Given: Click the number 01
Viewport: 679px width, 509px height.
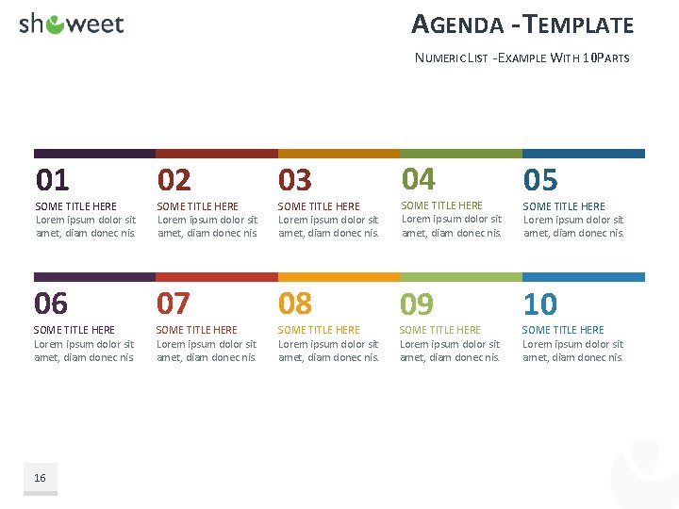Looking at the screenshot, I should pyautogui.click(x=53, y=179).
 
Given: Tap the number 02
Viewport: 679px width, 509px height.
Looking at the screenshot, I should pyautogui.click(x=174, y=179).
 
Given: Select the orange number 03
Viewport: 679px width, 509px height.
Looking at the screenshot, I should pyautogui.click(x=295, y=179).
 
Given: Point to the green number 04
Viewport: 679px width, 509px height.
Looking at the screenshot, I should pyautogui.click(x=419, y=178).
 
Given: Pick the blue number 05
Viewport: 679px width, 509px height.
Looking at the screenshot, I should pyautogui.click(x=540, y=179).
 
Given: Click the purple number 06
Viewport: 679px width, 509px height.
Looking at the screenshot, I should pyautogui.click(x=51, y=304).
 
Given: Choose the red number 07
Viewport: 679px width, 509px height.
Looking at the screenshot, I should pyautogui.click(x=173, y=304).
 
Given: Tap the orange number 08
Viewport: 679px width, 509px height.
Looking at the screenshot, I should pyautogui.click(x=294, y=304).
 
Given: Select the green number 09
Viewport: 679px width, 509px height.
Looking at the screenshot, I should pyautogui.click(x=417, y=304).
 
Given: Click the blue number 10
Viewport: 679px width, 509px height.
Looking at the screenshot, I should pyautogui.click(x=540, y=304).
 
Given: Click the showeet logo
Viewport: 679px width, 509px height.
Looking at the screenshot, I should pyautogui.click(x=72, y=25).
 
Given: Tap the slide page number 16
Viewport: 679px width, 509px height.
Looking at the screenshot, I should pyautogui.click(x=40, y=478).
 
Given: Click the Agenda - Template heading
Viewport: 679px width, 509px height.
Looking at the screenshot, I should pyautogui.click(x=522, y=25).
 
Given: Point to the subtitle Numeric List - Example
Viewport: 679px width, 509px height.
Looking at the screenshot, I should pyautogui.click(x=522, y=58).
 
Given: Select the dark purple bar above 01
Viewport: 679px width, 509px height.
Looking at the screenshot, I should pyautogui.click(x=94, y=153).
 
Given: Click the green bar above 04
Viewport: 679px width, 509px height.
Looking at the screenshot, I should pyautogui.click(x=460, y=153).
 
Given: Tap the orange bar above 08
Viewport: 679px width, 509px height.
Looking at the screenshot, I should pyautogui.click(x=339, y=277).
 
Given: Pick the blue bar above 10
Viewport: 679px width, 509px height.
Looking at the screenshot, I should pyautogui.click(x=583, y=277).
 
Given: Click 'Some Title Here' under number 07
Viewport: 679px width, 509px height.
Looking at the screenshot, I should pyautogui.click(x=197, y=330).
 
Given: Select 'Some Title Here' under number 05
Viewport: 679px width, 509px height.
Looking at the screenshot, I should pyautogui.click(x=564, y=206).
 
